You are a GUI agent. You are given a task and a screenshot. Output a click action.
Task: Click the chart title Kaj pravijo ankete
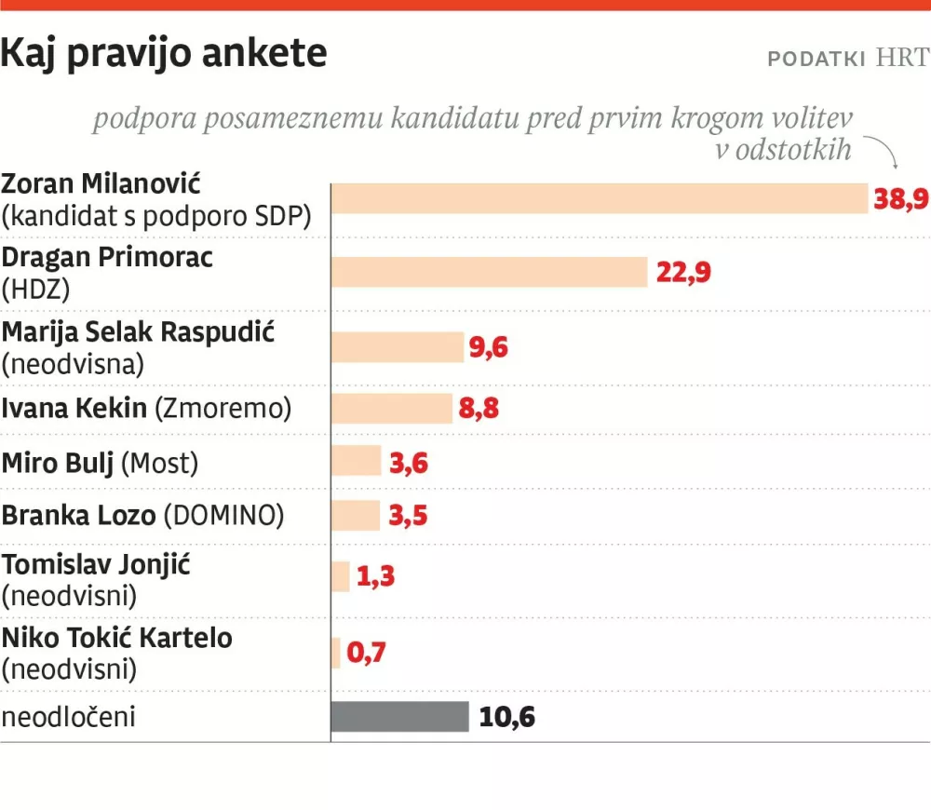164,54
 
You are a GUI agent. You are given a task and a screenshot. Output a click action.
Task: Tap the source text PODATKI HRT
847,58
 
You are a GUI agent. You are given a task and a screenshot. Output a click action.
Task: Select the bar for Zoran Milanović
600,198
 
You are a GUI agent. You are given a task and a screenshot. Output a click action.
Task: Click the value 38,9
901,198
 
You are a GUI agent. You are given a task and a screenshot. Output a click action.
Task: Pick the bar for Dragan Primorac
490,272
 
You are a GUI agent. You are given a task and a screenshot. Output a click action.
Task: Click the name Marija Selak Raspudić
138,331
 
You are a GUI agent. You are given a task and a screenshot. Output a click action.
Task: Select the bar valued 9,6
398,346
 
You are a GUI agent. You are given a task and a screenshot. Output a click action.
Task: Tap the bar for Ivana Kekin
392,408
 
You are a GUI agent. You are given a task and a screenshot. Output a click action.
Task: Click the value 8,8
479,409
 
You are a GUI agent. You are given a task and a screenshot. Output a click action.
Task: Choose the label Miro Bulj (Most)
100,462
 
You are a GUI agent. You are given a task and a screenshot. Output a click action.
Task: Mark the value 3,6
408,463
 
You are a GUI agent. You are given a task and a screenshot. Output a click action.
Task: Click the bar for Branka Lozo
356,515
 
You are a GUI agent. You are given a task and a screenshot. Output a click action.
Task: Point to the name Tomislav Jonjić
96,564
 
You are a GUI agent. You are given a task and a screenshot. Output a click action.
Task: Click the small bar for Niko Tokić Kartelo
336,653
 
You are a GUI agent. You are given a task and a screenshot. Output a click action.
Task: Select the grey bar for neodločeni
399,717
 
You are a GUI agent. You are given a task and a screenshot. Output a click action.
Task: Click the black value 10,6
506,718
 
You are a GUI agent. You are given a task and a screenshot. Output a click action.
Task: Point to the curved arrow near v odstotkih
883,152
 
